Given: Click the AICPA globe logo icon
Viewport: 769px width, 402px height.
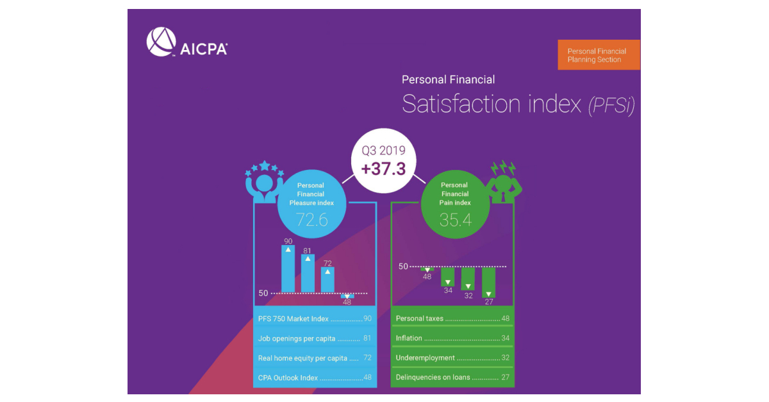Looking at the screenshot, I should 161,42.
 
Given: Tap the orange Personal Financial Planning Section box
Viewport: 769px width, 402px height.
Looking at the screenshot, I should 599,54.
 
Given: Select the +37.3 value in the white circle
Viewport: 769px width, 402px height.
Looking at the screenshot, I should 383,169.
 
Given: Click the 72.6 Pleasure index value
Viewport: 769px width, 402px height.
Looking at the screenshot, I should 311,220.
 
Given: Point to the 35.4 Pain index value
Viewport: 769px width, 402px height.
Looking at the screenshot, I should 455,220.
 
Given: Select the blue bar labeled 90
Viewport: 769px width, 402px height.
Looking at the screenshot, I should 288,269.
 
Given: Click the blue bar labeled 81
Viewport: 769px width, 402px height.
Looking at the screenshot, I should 308,274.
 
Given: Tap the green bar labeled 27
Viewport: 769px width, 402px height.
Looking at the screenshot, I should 488,283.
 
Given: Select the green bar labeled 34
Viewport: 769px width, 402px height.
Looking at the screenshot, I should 447,276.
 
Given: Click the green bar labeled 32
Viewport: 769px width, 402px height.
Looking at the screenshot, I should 468,279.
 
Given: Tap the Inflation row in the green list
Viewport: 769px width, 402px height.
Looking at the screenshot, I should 451,339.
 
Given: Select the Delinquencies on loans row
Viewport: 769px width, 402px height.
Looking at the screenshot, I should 451,378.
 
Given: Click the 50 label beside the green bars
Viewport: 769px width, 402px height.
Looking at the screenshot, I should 403,266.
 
